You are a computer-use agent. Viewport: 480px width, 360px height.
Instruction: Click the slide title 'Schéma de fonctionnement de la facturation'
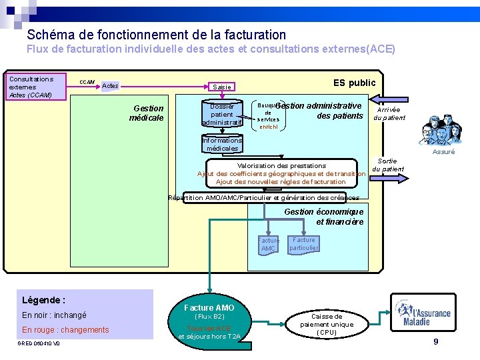tap(157, 35)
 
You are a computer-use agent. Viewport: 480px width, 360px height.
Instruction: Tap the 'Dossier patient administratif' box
tap(222, 114)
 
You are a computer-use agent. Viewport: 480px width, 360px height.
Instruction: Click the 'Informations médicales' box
tap(222, 145)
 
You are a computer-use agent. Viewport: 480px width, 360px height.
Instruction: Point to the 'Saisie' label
tap(222, 87)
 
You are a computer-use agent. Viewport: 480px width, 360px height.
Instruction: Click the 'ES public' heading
tap(354, 83)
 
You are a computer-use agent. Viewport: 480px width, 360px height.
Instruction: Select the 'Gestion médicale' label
tap(147, 113)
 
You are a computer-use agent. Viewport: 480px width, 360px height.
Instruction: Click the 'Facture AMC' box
tap(268, 244)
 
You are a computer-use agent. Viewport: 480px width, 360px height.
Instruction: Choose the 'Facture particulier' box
tap(304, 244)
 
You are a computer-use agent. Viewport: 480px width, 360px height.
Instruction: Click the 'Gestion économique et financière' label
tap(324, 217)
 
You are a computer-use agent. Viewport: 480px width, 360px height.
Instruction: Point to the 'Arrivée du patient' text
tap(389, 114)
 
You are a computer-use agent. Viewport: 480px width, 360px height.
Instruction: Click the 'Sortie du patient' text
tap(387, 165)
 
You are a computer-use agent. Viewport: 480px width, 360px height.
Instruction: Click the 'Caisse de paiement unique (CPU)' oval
tap(327, 324)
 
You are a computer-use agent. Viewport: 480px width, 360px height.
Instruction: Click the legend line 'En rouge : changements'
tap(65, 330)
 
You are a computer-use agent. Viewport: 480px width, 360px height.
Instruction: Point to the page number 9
tap(435, 342)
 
